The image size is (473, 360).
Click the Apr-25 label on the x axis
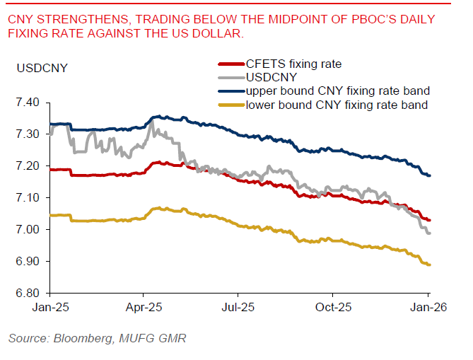tap(144, 308)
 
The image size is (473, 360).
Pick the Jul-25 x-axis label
tap(238, 308)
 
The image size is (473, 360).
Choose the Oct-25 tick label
tap(333, 308)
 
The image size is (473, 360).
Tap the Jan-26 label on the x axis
tap(428, 308)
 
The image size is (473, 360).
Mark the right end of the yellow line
tap(429, 265)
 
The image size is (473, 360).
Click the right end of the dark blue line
tap(429, 175)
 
